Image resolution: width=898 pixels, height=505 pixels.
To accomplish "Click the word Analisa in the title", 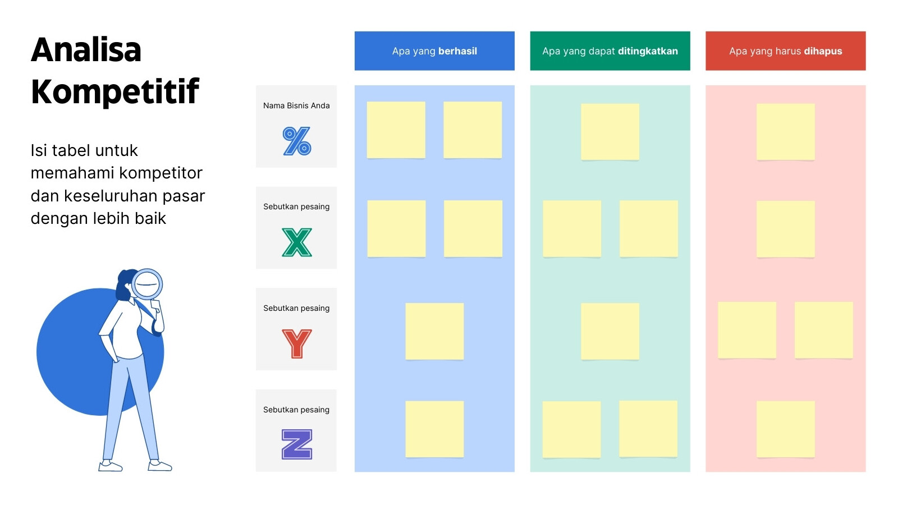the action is tap(86, 50).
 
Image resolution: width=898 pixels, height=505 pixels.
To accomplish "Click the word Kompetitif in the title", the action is tap(114, 91).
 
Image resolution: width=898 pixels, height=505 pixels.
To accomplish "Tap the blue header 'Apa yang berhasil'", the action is tap(434, 51).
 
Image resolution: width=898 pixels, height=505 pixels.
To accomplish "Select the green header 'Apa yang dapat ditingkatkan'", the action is tap(610, 51).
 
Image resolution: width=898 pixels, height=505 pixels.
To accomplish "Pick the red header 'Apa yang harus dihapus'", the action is tap(786, 51).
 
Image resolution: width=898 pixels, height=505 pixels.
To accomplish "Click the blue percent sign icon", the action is tap(297, 141).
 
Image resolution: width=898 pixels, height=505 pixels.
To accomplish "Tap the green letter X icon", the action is tap(297, 242).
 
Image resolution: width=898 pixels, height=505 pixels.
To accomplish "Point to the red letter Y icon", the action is tap(297, 343).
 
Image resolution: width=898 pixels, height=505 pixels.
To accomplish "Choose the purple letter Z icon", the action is tap(297, 444).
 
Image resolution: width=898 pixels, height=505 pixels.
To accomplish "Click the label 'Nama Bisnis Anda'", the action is tap(296, 105).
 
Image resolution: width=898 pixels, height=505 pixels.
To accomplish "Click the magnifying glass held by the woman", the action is tap(147, 284).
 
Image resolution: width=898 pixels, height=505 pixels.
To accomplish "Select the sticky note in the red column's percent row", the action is tap(786, 132).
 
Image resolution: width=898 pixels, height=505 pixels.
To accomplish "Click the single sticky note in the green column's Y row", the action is tap(610, 332).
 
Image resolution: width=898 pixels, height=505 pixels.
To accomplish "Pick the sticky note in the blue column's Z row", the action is tap(434, 429).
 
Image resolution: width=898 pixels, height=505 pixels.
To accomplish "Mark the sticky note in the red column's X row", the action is tap(786, 229).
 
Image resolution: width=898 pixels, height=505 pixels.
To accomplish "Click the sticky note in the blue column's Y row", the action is tap(434, 332).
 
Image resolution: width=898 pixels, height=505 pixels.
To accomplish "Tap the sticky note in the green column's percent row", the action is tap(610, 132).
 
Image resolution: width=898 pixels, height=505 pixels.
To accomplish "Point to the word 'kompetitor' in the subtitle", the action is tap(161, 173).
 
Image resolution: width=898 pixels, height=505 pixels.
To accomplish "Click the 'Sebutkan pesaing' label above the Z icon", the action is tap(296, 410).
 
